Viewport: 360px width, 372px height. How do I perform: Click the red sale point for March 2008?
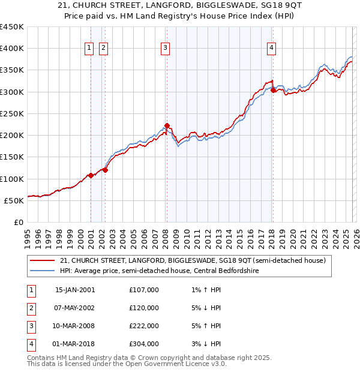[167, 126]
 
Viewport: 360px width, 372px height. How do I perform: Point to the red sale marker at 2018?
[273, 91]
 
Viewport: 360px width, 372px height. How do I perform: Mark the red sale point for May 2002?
[105, 170]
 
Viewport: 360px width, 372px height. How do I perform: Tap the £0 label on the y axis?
[19, 222]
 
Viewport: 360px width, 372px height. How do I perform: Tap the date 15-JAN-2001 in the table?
[75, 290]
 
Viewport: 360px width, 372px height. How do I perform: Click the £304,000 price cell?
[144, 344]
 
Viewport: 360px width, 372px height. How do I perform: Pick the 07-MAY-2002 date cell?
[75, 308]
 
